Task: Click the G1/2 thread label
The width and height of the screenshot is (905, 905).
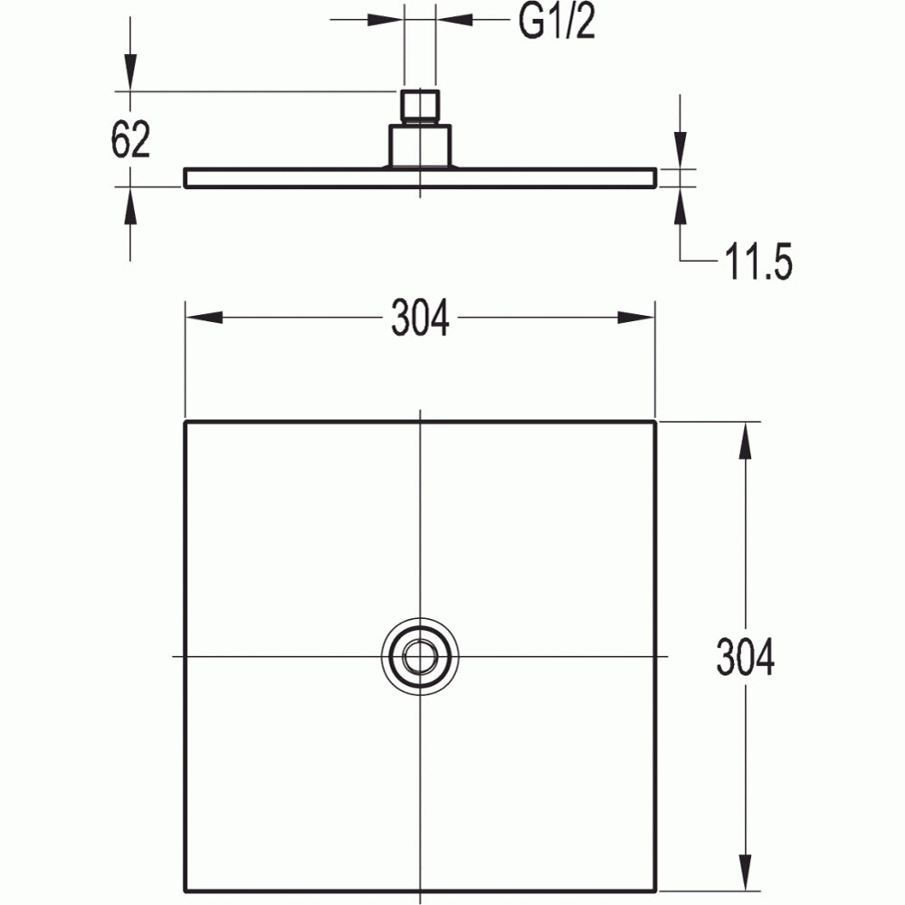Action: pyautogui.click(x=557, y=22)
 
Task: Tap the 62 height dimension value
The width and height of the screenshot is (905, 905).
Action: pyautogui.click(x=130, y=139)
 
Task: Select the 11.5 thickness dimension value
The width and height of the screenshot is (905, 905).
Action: pyautogui.click(x=757, y=262)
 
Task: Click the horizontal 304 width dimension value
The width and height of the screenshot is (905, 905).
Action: pyautogui.click(x=420, y=318)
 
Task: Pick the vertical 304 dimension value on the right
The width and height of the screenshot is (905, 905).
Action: pyautogui.click(x=745, y=657)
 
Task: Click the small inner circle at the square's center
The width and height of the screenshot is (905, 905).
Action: pyautogui.click(x=420, y=656)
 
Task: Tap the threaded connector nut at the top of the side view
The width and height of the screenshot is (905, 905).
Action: pyautogui.click(x=420, y=106)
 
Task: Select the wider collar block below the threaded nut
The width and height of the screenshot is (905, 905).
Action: pyautogui.click(x=420, y=146)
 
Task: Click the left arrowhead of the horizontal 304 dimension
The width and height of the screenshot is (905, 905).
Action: pyautogui.click(x=204, y=318)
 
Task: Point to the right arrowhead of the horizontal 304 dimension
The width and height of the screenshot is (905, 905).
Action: pyautogui.click(x=636, y=318)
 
